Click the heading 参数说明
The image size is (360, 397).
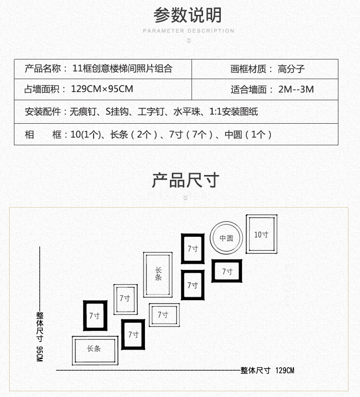[188, 15]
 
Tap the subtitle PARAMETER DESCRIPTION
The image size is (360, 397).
[189, 31]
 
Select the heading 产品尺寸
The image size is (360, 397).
[185, 180]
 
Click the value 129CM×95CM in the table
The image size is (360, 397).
[102, 89]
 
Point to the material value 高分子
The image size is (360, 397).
[291, 69]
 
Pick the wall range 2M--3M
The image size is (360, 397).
[296, 89]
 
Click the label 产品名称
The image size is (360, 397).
[46, 69]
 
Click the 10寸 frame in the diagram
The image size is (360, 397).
[262, 234]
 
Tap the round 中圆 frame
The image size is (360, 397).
[226, 238]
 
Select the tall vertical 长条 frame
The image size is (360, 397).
[158, 274]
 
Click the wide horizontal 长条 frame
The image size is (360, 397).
[95, 349]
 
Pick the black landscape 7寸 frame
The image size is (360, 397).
[227, 271]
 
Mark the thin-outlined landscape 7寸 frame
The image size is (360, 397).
[163, 315]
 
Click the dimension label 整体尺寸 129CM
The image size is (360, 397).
[267, 370]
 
